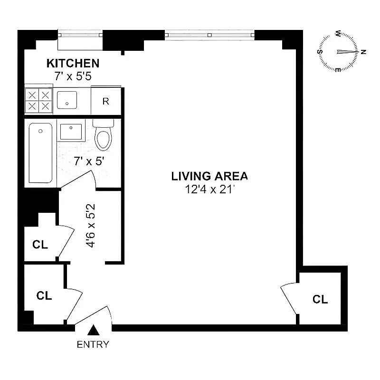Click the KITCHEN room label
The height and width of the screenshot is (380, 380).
[x=73, y=63]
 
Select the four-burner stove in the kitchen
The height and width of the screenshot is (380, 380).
[x=38, y=101]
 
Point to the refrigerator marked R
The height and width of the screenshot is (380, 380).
[x=106, y=101]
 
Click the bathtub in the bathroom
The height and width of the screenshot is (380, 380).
[x=40, y=152]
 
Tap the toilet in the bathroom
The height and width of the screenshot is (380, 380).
[x=103, y=135]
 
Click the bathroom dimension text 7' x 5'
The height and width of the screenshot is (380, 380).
[x=89, y=161]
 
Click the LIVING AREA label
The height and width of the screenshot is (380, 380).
[x=209, y=176]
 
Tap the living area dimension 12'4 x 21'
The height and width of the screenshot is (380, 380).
[x=209, y=190]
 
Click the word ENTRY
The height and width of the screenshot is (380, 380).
[x=93, y=344]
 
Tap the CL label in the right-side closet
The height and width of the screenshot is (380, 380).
[x=320, y=299]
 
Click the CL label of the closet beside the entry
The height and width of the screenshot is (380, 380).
[x=44, y=295]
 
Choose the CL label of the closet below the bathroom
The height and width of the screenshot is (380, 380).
[x=40, y=245]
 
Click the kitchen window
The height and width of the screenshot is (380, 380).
[x=80, y=35]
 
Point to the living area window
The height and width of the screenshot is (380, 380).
[x=209, y=35]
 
